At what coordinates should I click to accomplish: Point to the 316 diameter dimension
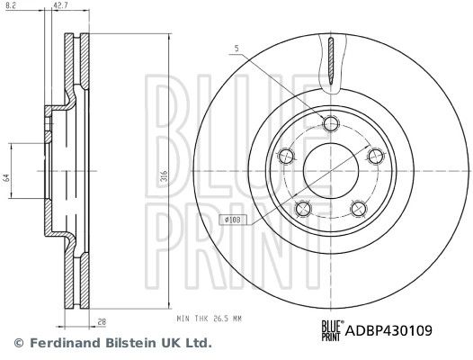click(x=164, y=176)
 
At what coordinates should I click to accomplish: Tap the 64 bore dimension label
click(x=7, y=177)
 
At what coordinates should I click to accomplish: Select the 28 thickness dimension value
click(x=103, y=321)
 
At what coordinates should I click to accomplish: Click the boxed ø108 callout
click(x=233, y=220)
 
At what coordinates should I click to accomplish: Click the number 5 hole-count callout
click(x=236, y=48)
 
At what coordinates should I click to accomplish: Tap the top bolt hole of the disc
click(x=331, y=123)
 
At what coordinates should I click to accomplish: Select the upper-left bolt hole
click(x=286, y=156)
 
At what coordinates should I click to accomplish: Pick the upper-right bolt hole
click(x=376, y=156)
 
